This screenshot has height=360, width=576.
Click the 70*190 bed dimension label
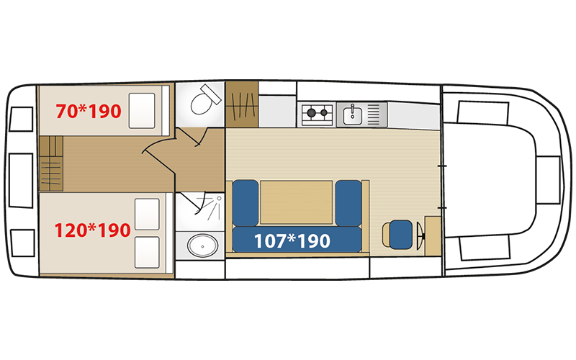[89, 112]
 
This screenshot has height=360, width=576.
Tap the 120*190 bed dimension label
[93, 230]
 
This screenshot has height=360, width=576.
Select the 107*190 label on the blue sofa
[292, 241]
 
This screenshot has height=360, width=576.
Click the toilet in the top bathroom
[204, 100]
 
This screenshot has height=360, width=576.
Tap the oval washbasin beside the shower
[202, 246]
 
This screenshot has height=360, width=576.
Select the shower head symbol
[219, 199]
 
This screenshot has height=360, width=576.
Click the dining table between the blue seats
[297, 202]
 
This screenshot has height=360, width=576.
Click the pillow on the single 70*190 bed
[142, 111]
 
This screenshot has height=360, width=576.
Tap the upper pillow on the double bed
[147, 214]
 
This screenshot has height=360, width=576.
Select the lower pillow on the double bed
[147, 253]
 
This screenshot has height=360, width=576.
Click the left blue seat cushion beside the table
[246, 203]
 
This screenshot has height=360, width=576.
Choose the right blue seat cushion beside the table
[348, 203]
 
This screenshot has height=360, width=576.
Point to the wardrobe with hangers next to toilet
[242, 104]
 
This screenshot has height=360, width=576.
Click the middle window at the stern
[21, 181]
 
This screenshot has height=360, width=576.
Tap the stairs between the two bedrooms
[51, 163]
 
